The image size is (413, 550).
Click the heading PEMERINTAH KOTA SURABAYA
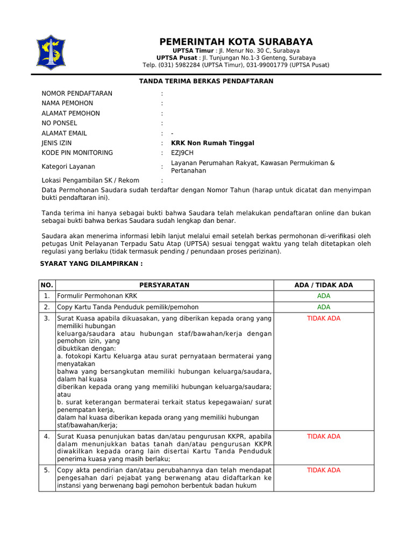pyautogui.click(x=236, y=42)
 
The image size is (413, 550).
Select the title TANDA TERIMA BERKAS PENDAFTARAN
pyautogui.click(x=206, y=81)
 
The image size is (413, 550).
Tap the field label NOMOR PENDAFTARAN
pyautogui.click(x=77, y=93)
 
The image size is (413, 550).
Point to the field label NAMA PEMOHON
pyautogui.click(x=67, y=103)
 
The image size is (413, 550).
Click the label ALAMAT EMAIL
pyautogui.click(x=64, y=133)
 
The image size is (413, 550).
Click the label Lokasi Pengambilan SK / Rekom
pyautogui.click(x=90, y=180)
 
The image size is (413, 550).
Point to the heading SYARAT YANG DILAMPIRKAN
pyautogui.click(x=92, y=264)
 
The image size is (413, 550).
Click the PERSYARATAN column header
pyautogui.click(x=165, y=285)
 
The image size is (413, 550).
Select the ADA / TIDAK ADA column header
pyautogui.click(x=324, y=285)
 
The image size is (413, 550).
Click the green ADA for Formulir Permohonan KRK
pyautogui.click(x=324, y=296)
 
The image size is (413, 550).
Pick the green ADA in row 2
pyautogui.click(x=324, y=307)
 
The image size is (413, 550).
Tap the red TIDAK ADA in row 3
pyautogui.click(x=324, y=319)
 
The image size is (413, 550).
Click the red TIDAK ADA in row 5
pyautogui.click(x=324, y=470)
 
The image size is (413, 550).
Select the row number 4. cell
pyautogui.click(x=47, y=436)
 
